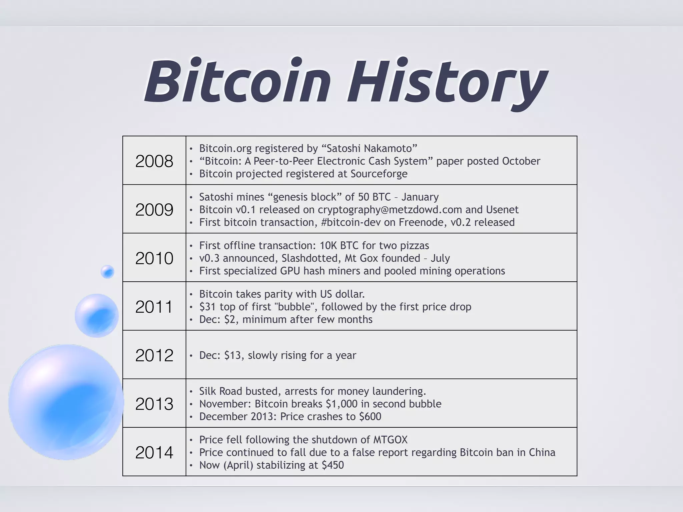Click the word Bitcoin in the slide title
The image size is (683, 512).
point(237,81)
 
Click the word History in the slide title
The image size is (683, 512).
point(447,83)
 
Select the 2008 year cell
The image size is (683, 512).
point(154,161)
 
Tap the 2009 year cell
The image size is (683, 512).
point(154,210)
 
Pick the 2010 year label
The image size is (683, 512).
point(154,258)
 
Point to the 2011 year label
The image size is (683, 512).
point(154,307)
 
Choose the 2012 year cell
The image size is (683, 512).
point(154,355)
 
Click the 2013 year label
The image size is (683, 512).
point(154,404)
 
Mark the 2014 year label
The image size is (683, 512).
point(154,452)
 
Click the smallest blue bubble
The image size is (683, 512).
point(107,272)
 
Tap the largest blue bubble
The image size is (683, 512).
point(66,402)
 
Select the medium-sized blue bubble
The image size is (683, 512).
point(97,315)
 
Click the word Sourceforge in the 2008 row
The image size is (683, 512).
point(379,174)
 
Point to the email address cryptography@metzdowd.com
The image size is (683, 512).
point(390,210)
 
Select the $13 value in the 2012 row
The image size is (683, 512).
point(233,355)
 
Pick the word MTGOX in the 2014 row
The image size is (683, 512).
point(390,440)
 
